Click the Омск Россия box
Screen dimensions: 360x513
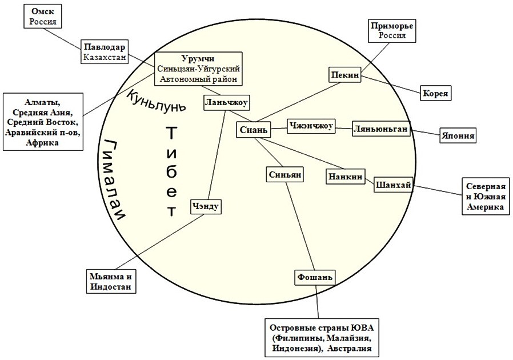[x=43, y=16]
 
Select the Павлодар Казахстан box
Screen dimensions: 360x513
[x=104, y=51]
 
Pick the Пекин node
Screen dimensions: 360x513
[x=344, y=75]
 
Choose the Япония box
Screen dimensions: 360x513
[x=458, y=137]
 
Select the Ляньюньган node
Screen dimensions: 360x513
[x=381, y=129]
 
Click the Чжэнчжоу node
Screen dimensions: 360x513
[x=311, y=126]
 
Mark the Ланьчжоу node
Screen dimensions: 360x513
[x=227, y=102]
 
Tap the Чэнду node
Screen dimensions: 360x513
[x=206, y=206]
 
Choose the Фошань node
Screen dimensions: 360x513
[x=314, y=277]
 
